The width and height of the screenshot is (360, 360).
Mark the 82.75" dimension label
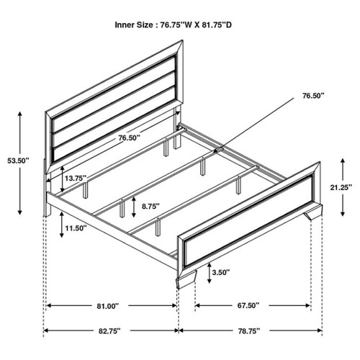(x=107, y=330)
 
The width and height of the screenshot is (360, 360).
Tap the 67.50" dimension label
(x=248, y=305)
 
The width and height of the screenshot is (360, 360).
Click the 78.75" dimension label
(x=248, y=330)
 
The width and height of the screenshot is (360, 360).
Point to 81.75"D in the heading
(x=228, y=24)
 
